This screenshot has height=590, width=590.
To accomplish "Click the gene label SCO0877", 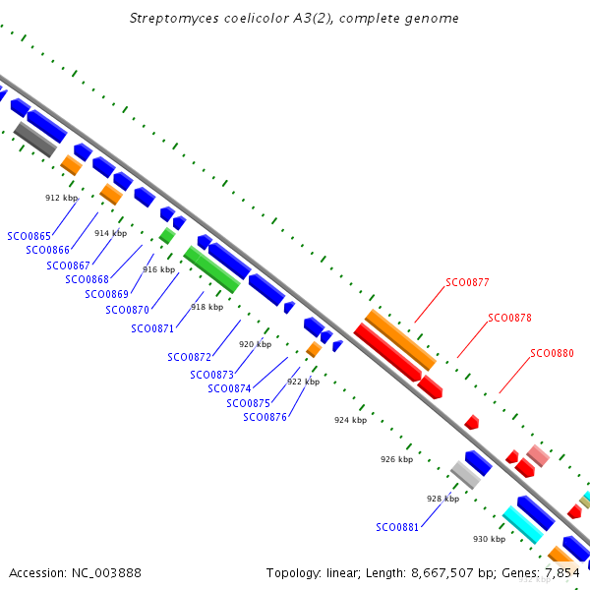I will [x=467, y=282].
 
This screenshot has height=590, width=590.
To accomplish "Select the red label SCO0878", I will [x=509, y=318].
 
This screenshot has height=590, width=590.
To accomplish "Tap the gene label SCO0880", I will [x=552, y=353].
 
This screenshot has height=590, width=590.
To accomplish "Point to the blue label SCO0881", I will [x=397, y=527].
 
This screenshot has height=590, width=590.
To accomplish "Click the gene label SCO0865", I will [x=29, y=236].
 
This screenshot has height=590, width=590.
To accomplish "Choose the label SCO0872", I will [x=189, y=357].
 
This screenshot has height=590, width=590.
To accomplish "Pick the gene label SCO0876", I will [x=265, y=417].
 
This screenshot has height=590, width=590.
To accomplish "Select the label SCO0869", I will [x=106, y=294].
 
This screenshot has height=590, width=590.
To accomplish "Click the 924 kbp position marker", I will [x=350, y=420].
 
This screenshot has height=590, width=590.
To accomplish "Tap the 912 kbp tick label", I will [x=61, y=198].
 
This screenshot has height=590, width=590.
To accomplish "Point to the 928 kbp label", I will [x=442, y=499].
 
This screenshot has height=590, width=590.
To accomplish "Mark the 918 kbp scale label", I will [x=206, y=307].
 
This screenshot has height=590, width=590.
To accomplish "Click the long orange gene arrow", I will [x=400, y=339].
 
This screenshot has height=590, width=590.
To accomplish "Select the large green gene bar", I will [x=211, y=269].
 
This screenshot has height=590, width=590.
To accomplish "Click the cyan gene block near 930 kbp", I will [x=522, y=525].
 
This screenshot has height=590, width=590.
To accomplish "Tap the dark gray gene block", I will [x=34, y=139].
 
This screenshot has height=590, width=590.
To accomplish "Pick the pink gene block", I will [x=537, y=455].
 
